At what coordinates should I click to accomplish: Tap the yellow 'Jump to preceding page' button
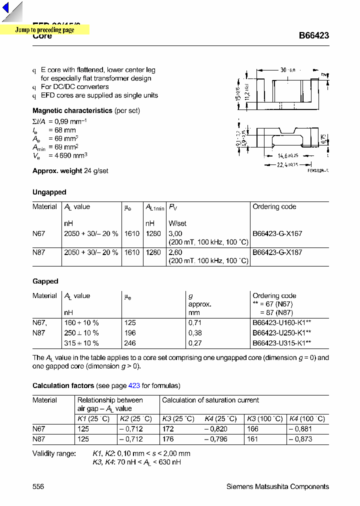(x=44, y=30)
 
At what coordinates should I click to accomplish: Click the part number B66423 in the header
(x=313, y=36)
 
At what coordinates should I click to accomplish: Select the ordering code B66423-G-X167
(x=277, y=233)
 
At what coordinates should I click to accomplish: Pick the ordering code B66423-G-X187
(x=277, y=252)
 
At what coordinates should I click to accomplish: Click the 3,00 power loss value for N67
(x=176, y=233)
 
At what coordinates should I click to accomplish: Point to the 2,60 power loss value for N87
(x=176, y=252)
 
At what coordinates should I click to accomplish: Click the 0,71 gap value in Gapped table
(x=194, y=322)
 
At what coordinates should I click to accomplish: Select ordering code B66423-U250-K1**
(x=281, y=332)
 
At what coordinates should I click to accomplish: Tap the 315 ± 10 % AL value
(x=81, y=343)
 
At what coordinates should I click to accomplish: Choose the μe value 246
(x=130, y=343)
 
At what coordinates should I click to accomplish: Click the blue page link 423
(x=134, y=385)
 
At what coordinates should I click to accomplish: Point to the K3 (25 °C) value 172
(x=168, y=429)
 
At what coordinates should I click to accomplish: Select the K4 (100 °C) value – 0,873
(x=301, y=439)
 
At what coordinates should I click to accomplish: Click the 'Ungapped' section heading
(x=49, y=192)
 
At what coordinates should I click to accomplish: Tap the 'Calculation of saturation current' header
(x=210, y=400)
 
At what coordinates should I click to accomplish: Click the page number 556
(x=38, y=486)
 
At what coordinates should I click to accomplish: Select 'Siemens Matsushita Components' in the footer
(x=277, y=486)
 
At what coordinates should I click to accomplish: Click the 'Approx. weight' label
(x=57, y=170)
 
